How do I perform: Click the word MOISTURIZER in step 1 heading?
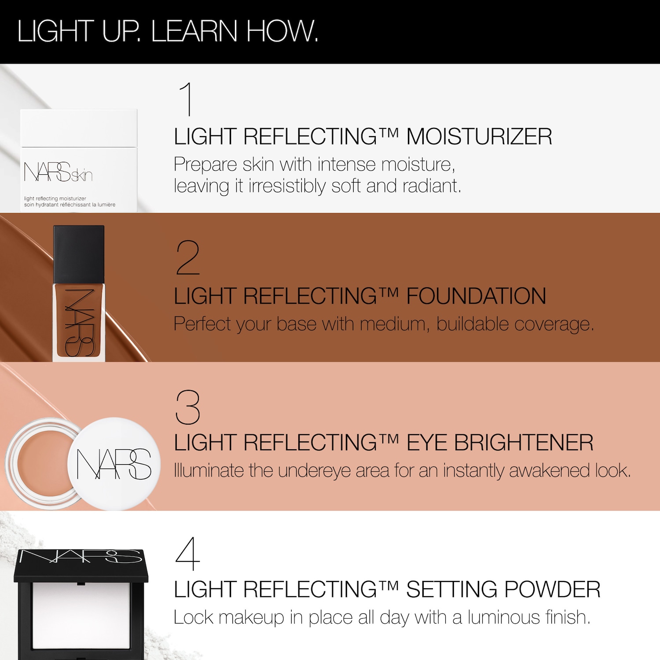tap(479, 136)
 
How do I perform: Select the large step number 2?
tap(188, 258)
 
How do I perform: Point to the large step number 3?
tap(188, 407)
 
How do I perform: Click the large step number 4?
tap(188, 554)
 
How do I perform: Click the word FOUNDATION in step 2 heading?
tap(476, 296)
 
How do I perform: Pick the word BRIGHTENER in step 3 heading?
tap(524, 443)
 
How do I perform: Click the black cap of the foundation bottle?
tap(79, 254)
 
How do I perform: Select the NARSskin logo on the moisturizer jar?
tap(58, 172)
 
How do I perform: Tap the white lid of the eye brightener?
tap(114, 464)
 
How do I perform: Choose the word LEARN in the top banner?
tap(194, 31)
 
